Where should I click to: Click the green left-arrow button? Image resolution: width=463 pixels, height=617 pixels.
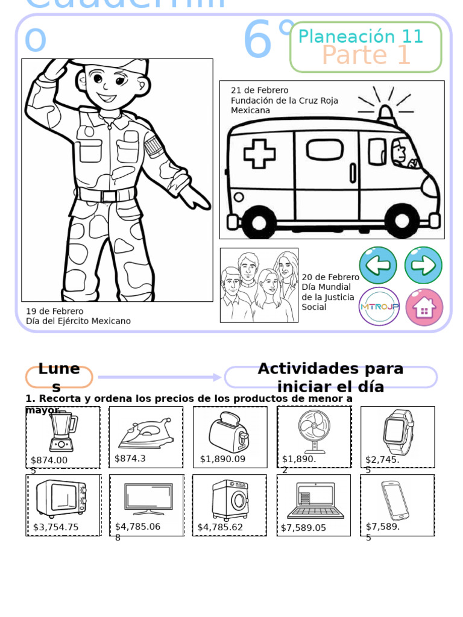tap(378, 265)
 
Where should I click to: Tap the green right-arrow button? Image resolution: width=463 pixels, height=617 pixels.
tap(423, 265)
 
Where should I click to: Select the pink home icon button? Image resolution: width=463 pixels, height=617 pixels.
tap(424, 307)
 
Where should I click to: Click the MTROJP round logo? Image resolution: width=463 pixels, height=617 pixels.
tap(379, 307)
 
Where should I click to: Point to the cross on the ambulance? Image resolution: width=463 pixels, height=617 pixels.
tap(259, 153)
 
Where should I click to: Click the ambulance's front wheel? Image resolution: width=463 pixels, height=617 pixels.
tap(403, 221)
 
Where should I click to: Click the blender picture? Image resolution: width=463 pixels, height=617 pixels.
tap(61, 432)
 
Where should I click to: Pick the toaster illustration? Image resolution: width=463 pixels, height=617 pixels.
tap(228, 432)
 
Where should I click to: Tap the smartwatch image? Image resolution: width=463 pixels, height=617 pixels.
tap(398, 431)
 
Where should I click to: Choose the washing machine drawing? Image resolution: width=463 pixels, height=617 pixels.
tap(230, 500)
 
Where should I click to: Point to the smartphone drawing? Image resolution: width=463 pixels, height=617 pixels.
tap(394, 500)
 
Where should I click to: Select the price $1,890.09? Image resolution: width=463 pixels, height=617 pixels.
tap(223, 459)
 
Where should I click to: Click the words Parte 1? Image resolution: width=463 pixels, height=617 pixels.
tap(366, 55)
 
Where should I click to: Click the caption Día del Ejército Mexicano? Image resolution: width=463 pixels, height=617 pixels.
tap(78, 321)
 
